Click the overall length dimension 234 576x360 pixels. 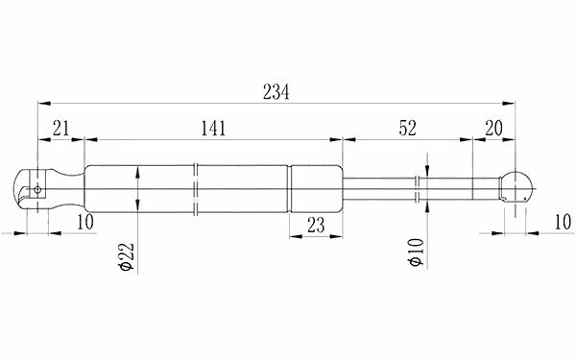[x=276, y=92]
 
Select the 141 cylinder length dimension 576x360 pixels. [x=213, y=129]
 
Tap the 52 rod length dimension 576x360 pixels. [x=407, y=129]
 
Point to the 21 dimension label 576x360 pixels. [x=61, y=129]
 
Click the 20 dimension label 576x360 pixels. [x=493, y=129]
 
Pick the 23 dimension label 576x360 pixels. [x=316, y=226]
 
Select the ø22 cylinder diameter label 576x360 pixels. [x=128, y=256]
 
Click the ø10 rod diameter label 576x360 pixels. [x=417, y=252]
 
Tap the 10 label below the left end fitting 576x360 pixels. [x=85, y=222]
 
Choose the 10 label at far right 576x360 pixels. [x=563, y=222]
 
